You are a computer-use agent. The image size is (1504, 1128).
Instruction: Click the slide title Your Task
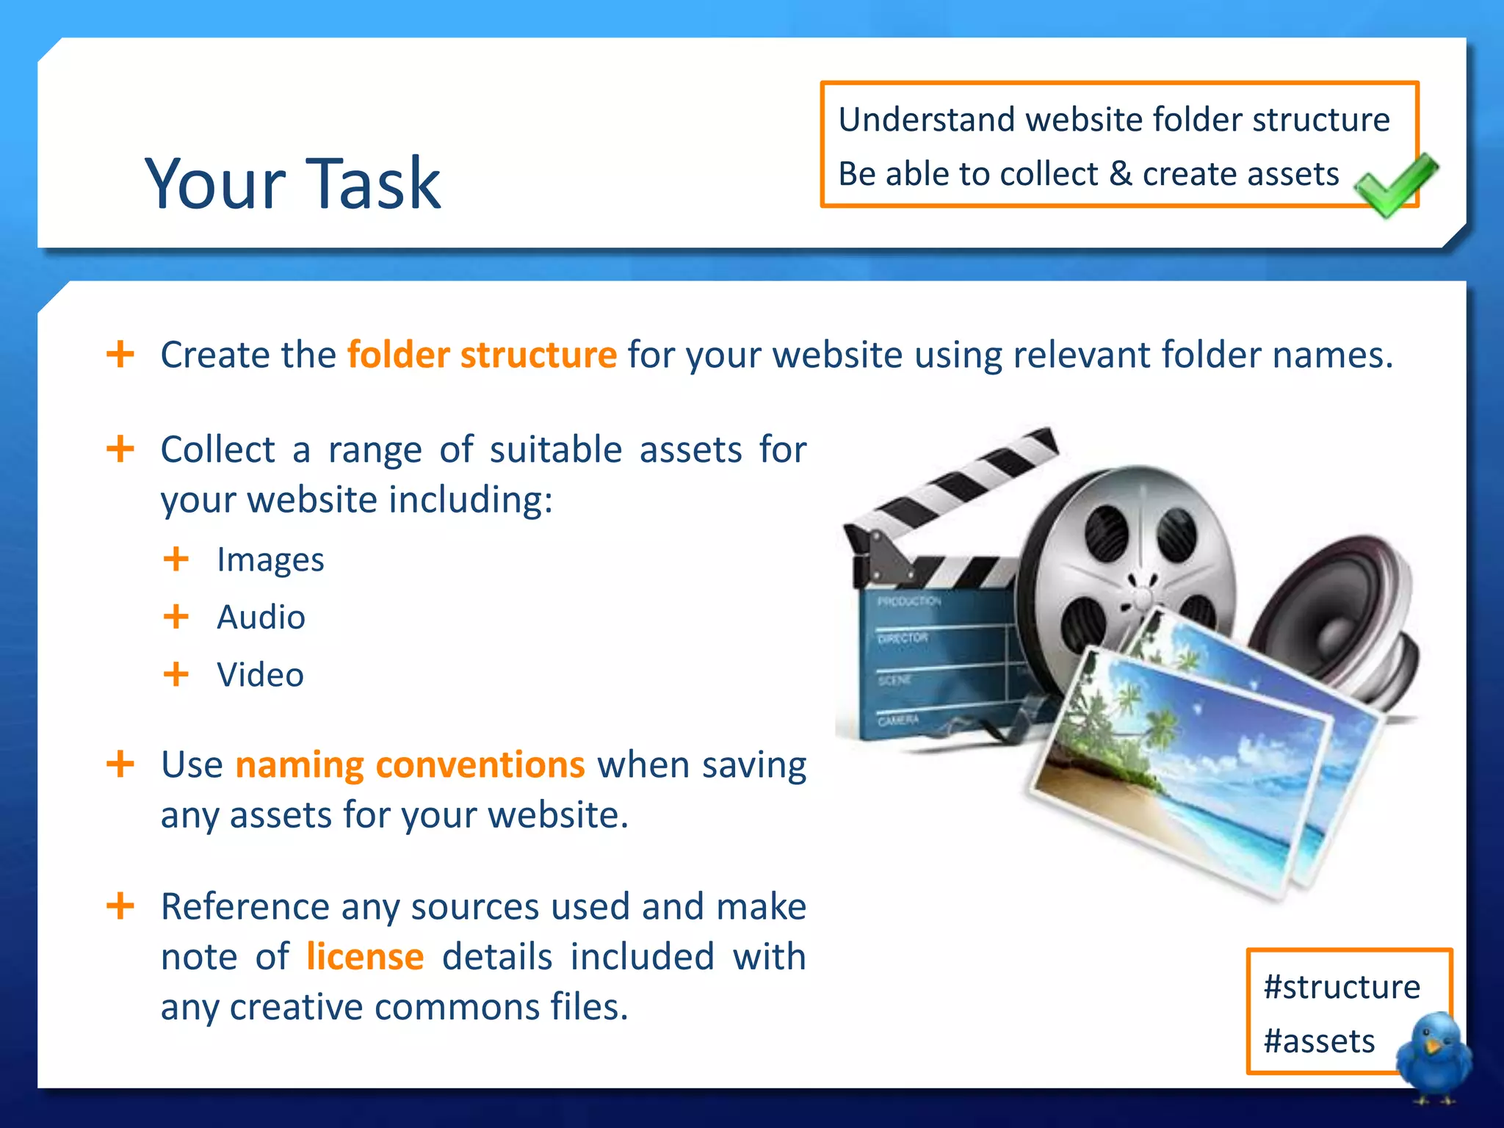pyautogui.click(x=292, y=184)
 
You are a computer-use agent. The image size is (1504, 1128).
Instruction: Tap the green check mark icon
pyautogui.click(x=1395, y=184)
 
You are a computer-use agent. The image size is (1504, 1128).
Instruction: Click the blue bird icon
pyautogui.click(x=1433, y=1057)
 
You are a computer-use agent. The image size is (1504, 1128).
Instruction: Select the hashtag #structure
pyautogui.click(x=1342, y=987)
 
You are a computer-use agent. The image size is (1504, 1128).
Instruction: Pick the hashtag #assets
pyautogui.click(x=1319, y=1041)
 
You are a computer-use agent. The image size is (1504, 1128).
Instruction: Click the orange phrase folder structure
pyautogui.click(x=482, y=355)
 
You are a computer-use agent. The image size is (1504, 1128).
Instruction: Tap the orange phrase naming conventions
pyautogui.click(x=410, y=764)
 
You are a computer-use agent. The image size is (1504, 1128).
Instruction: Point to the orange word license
pyautogui.click(x=365, y=956)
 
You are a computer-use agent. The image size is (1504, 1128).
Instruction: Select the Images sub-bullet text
pyautogui.click(x=270, y=560)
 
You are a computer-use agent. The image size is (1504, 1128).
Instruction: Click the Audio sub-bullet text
pyautogui.click(x=261, y=617)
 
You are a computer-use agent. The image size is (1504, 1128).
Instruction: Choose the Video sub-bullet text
pyautogui.click(x=260, y=674)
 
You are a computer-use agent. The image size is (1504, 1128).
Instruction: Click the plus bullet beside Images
pyautogui.click(x=176, y=559)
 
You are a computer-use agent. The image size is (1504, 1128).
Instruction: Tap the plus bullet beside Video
pyautogui.click(x=176, y=673)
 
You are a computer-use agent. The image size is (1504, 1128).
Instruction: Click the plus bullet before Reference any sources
pyautogui.click(x=120, y=905)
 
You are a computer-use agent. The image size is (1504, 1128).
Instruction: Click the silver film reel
pyautogui.click(x=1131, y=558)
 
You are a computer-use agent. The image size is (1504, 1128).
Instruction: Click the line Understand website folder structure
pyautogui.click(x=1114, y=120)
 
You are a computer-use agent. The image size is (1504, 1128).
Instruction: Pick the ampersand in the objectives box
pyautogui.click(x=1120, y=174)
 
